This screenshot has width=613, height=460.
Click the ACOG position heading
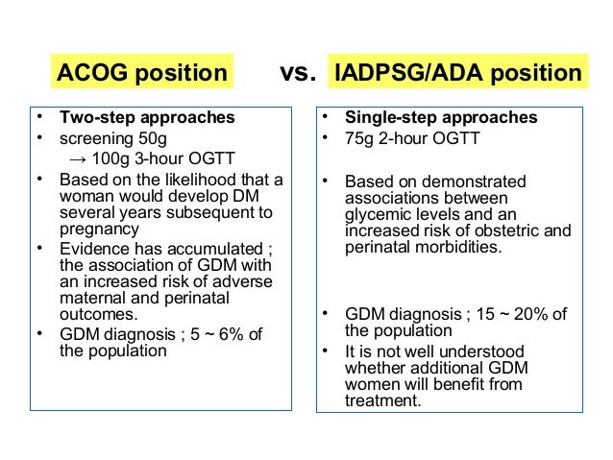tap(142, 73)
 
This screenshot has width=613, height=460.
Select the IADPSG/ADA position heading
tap(456, 73)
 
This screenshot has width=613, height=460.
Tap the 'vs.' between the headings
tap(297, 73)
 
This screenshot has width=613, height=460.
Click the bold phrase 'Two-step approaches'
tap(146, 119)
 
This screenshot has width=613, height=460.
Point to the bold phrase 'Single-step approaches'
tap(441, 119)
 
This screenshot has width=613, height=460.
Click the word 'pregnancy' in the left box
tap(99, 230)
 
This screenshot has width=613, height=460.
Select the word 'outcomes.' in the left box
tap(97, 313)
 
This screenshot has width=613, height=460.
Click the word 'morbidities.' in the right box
tap(448, 247)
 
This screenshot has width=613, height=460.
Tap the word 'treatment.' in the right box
tap(383, 401)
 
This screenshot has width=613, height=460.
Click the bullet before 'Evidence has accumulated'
tap(39, 249)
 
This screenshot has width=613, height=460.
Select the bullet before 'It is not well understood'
tap(326, 351)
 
